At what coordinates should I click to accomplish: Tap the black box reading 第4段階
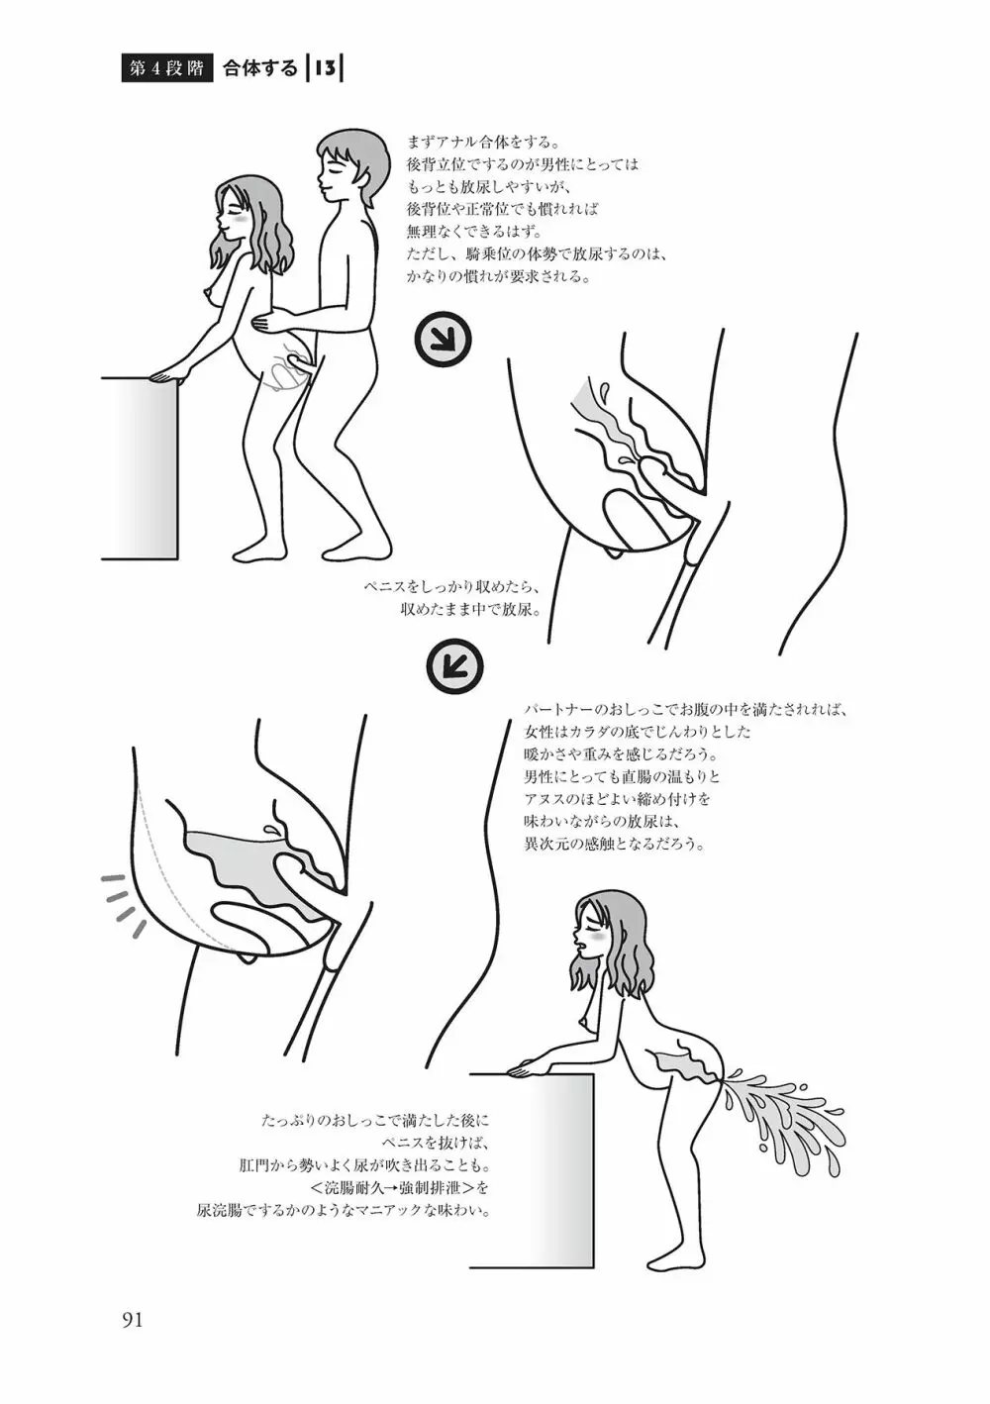pyautogui.click(x=166, y=69)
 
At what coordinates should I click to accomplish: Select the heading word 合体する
pyautogui.click(x=260, y=69)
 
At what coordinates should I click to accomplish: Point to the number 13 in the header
pyautogui.click(x=324, y=69)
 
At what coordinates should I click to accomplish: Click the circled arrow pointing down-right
pyautogui.click(x=443, y=341)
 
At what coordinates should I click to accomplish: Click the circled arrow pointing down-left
pyautogui.click(x=455, y=666)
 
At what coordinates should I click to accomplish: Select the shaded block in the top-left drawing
pyautogui.click(x=140, y=467)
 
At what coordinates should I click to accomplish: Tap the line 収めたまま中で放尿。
pyautogui.click(x=470, y=610)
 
